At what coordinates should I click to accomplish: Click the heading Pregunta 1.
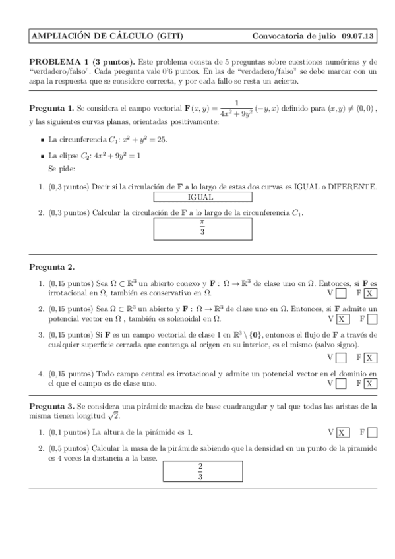(51, 107)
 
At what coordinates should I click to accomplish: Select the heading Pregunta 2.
(51, 267)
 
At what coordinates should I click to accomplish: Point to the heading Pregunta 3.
(51, 407)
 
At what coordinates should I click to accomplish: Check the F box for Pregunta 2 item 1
(371, 293)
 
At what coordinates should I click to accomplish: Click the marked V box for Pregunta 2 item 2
(342, 320)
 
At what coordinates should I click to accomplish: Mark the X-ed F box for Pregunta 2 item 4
(371, 383)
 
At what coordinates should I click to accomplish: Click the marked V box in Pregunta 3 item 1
(342, 433)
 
